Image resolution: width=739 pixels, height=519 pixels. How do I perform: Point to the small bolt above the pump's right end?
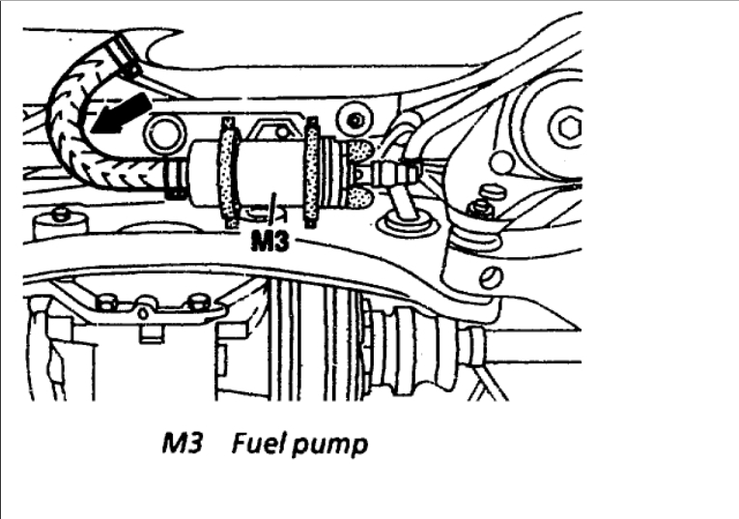click(358, 120)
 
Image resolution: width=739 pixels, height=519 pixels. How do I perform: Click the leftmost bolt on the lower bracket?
click(107, 303)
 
